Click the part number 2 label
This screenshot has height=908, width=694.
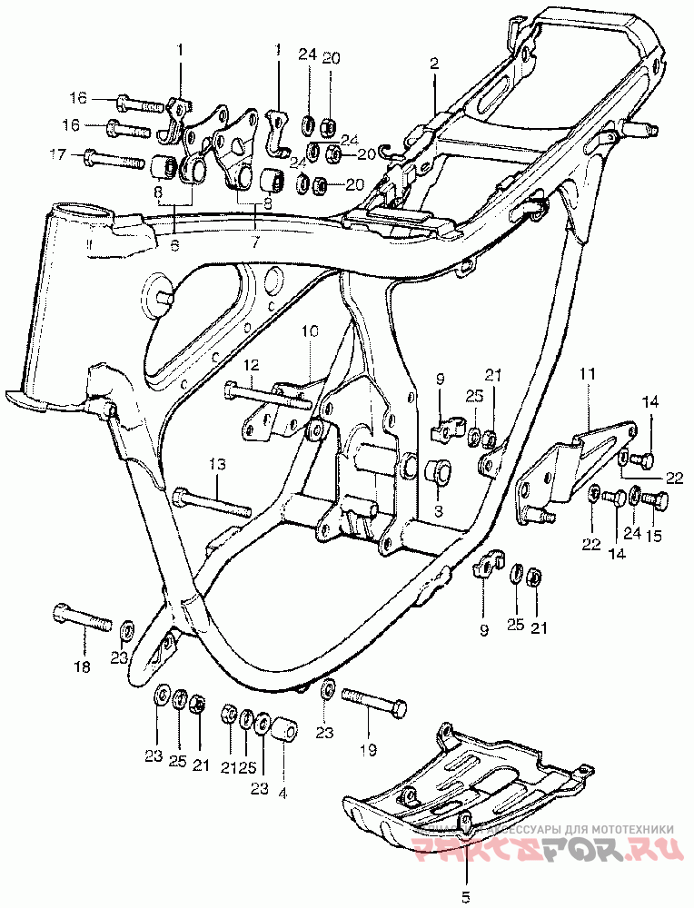click(x=434, y=64)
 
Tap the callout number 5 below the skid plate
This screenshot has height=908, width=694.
click(x=466, y=897)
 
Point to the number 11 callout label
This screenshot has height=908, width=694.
click(x=587, y=373)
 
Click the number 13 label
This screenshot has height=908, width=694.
click(x=216, y=464)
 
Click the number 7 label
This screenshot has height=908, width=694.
click(x=255, y=242)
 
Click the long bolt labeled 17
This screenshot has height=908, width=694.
click(x=114, y=161)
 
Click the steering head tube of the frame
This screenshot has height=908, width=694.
click(x=64, y=300)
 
